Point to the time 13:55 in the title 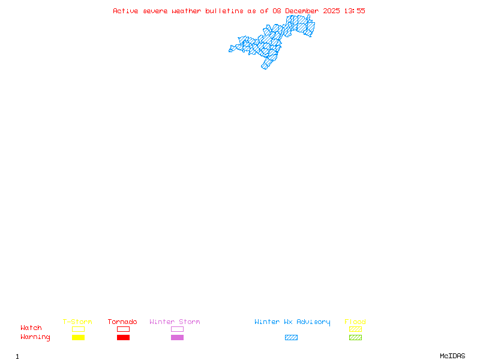[x=355, y=11]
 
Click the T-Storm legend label [x=77, y=322]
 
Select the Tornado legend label [x=122, y=322]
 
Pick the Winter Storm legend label [x=175, y=322]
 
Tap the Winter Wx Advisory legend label [x=292, y=322]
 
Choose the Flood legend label [x=355, y=322]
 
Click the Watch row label [x=31, y=328]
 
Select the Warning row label [x=35, y=337]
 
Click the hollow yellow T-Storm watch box [x=78, y=329]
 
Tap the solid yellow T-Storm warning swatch [x=78, y=338]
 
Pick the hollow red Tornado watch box [x=123, y=329]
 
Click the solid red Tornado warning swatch [x=123, y=338]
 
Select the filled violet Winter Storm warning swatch [x=177, y=338]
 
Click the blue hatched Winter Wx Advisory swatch [x=291, y=338]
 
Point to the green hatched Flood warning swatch [x=355, y=338]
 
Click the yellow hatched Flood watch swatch [x=355, y=329]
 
